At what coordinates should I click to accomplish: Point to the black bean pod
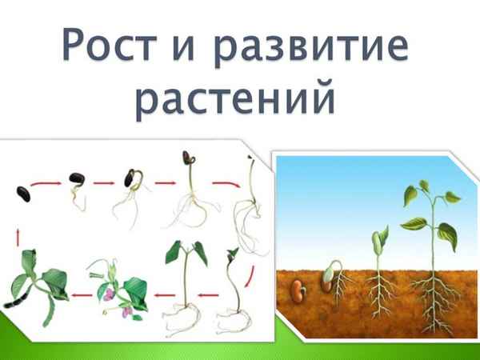18,303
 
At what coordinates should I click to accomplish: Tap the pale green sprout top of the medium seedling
380,238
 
